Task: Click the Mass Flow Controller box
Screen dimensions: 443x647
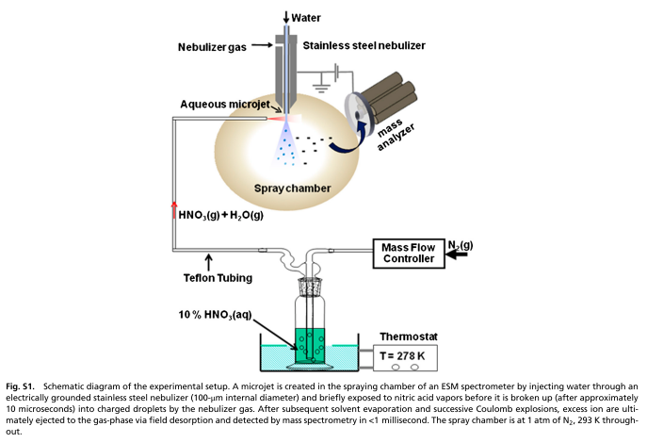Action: [408, 253]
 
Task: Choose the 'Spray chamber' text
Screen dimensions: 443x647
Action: [293, 188]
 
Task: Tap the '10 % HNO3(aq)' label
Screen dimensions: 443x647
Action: [217, 312]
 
